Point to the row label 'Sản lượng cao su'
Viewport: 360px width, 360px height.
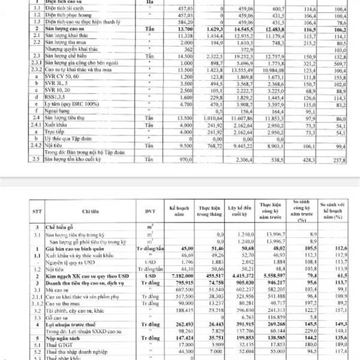tap(67, 29)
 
